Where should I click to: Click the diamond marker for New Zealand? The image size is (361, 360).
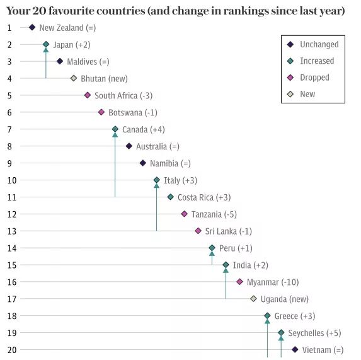tap(32, 27)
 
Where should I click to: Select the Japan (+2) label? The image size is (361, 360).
tap(72, 45)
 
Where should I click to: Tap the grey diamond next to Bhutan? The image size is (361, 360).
tap(74, 78)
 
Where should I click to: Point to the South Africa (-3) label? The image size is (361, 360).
tap(123, 96)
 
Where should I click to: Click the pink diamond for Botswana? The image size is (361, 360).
tap(101, 112)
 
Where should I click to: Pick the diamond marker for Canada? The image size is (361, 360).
tap(115, 129)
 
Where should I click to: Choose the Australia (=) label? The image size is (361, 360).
tap(158, 146)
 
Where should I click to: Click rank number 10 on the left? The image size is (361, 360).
tap(12, 180)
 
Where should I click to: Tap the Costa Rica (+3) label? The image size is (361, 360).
tap(204, 197)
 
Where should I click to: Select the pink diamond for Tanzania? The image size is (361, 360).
tap(184, 214)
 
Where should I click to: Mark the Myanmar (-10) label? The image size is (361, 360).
tap(273, 282)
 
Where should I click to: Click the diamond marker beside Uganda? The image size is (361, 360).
tap(253, 299)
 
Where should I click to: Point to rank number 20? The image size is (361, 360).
tap(12, 350)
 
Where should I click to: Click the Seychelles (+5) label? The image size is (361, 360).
tap(315, 333)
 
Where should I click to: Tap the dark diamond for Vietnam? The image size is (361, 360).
tap(295, 350)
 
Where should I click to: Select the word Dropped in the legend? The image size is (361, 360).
tap(314, 78)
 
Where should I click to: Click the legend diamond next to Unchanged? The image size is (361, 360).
tap(290, 44)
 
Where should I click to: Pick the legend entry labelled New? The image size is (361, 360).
tap(307, 94)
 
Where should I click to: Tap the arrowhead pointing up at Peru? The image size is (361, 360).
tap(212, 253)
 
